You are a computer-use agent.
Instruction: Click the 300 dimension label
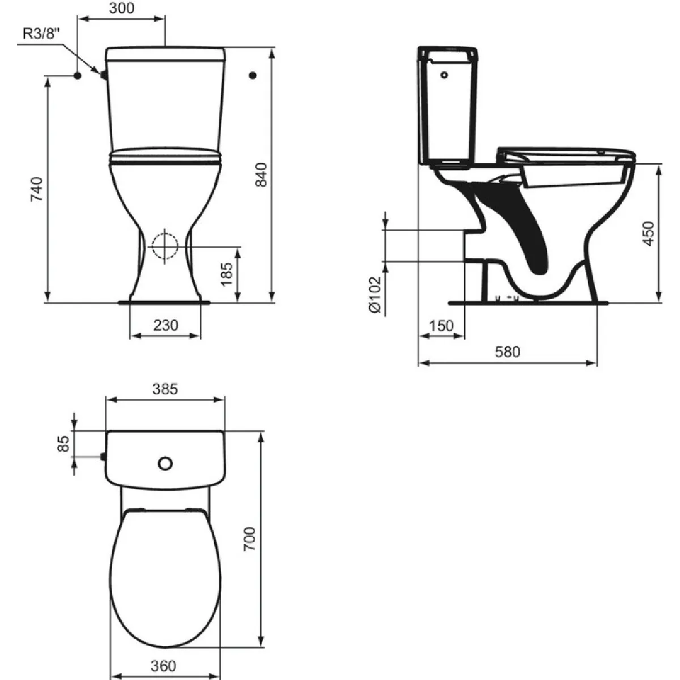[x=122, y=8]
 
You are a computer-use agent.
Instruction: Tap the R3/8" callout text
[x=42, y=34]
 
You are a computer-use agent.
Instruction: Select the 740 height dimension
[x=37, y=189]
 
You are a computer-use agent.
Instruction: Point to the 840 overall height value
[x=261, y=175]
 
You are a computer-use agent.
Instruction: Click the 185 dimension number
[x=227, y=274]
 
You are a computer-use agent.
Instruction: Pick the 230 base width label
[x=166, y=325]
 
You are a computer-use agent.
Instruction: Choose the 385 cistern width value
[x=165, y=389]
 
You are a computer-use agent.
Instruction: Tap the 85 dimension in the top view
[x=64, y=444]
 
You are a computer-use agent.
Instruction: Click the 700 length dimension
[x=249, y=538]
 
